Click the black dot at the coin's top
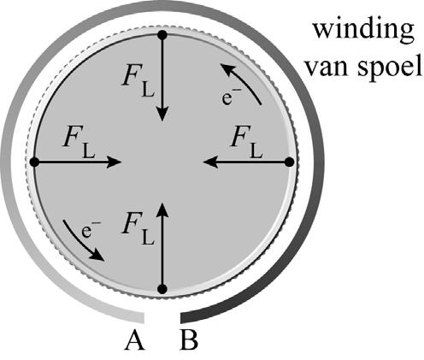(x=162, y=35)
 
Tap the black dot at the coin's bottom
(x=162, y=289)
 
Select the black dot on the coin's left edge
(x=34, y=162)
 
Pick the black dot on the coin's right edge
(x=290, y=162)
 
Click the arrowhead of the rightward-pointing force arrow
(x=113, y=162)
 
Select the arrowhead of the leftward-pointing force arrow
(x=212, y=162)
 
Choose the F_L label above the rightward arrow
(x=79, y=143)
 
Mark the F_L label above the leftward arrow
(x=246, y=143)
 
